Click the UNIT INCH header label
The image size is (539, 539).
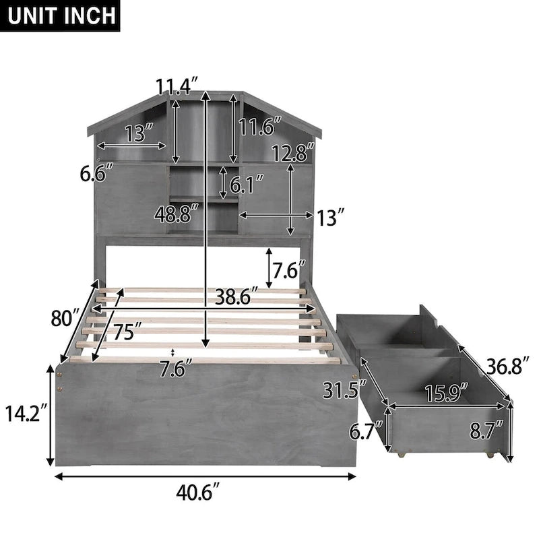(x=61, y=15)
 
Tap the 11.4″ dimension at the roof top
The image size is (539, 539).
(x=177, y=87)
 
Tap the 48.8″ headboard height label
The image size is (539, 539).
(x=176, y=215)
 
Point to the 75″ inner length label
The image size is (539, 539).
(x=127, y=331)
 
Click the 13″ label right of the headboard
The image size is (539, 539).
(x=331, y=216)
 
